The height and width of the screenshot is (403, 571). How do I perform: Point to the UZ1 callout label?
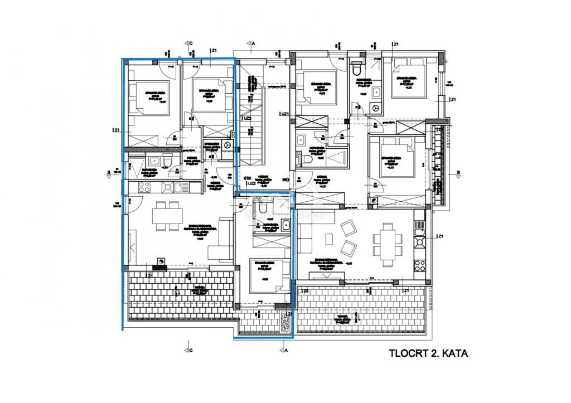point(284,114)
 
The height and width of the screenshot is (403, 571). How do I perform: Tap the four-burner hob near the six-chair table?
point(419,242)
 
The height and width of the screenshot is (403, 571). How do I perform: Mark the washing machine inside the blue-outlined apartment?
point(227,144)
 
